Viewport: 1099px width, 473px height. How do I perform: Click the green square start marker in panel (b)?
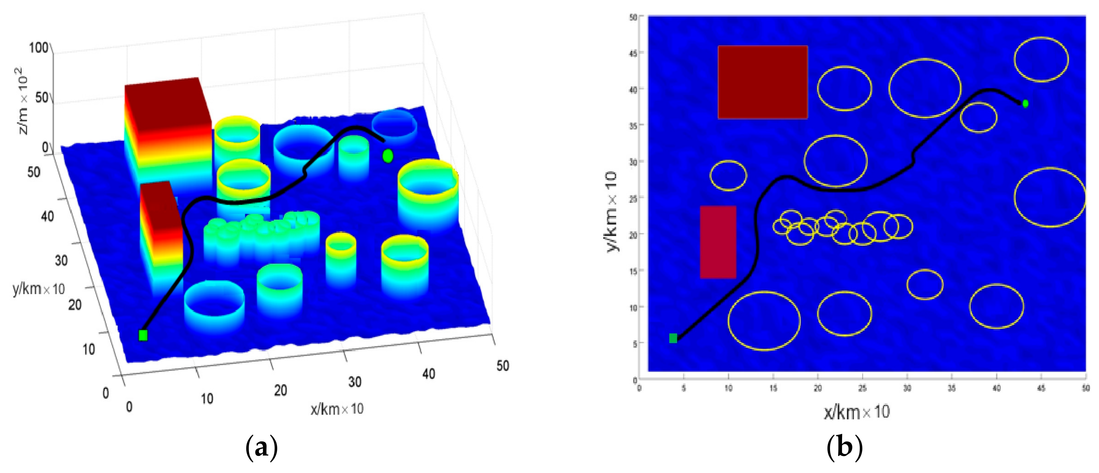pyautogui.click(x=673, y=338)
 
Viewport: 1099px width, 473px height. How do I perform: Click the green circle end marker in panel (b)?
pyautogui.click(x=1025, y=103)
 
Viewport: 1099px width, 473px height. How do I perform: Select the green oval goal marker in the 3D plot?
pyautogui.click(x=387, y=156)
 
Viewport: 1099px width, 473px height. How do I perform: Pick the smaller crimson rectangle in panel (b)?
pyautogui.click(x=718, y=242)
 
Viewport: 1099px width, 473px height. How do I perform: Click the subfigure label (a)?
pyautogui.click(x=262, y=448)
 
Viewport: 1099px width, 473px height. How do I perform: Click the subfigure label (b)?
pyautogui.click(x=845, y=448)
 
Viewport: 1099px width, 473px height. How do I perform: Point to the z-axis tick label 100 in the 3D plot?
pyautogui.click(x=39, y=47)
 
